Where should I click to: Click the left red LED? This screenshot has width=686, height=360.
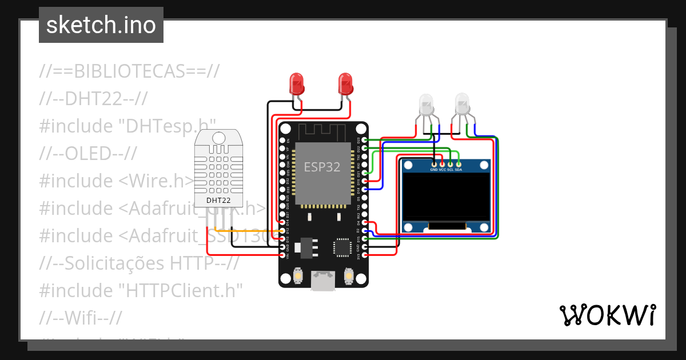tap(296, 84)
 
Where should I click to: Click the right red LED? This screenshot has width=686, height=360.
tap(345, 84)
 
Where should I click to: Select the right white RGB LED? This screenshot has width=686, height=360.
tap(462, 103)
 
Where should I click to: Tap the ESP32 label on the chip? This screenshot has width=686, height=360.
tap(322, 167)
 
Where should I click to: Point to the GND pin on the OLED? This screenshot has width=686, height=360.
tap(434, 165)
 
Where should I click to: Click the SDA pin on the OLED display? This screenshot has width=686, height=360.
tap(458, 165)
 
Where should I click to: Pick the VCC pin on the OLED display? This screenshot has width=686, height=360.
tap(442, 165)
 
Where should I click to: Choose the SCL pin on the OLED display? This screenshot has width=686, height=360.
tap(450, 165)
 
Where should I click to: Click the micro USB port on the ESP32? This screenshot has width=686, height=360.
tap(323, 281)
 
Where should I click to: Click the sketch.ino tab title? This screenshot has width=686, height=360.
tap(101, 25)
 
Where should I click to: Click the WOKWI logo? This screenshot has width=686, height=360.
tap(607, 315)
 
